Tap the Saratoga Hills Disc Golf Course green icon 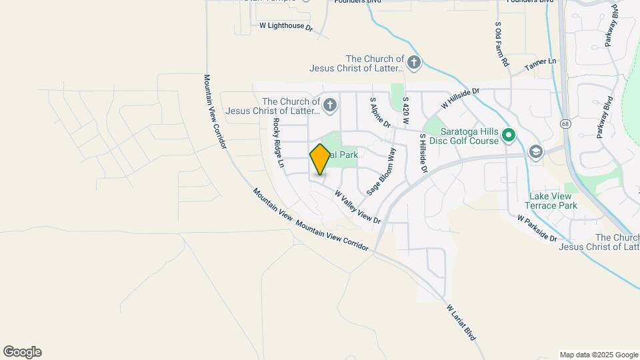coord(509,135)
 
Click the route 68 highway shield coord(565,124)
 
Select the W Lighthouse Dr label coord(286,27)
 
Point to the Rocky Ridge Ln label coord(279,143)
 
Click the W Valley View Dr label coord(357,207)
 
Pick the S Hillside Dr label coord(422,153)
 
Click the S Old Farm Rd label coord(501,44)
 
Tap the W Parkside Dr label coord(537,228)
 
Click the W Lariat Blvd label coord(461,323)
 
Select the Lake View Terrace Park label coord(553,201)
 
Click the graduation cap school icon coord(535,152)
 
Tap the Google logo coord(23,351)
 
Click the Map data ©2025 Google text coord(599,355)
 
